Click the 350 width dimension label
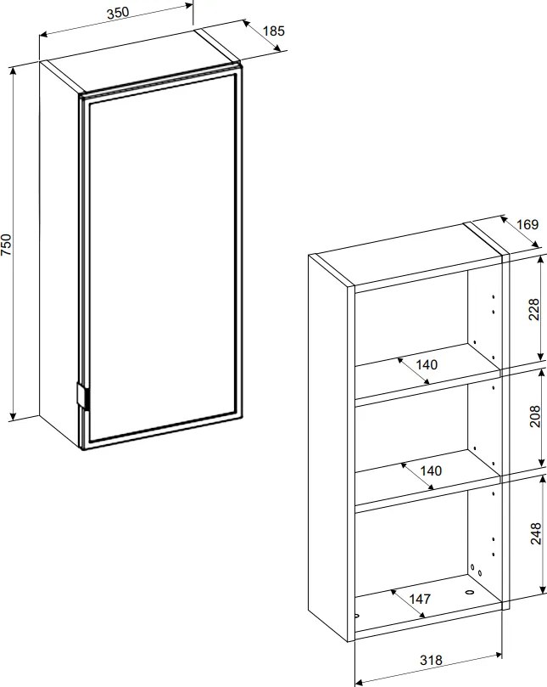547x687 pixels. pos(118,13)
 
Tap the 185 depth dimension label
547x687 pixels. pos(273,31)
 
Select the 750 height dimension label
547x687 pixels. pos(6,245)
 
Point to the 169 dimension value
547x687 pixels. pos(527,224)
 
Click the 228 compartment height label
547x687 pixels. pos(534,310)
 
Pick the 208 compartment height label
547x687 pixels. pos(535,417)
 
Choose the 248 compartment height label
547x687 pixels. pos(536,533)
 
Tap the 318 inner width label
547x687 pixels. pos(431,660)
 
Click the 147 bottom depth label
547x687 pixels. pos(420,599)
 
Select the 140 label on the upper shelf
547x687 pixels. pos(427,364)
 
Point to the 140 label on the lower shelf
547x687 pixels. pos(431,471)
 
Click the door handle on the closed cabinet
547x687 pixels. pos(82,396)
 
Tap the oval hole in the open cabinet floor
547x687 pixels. pos(470,593)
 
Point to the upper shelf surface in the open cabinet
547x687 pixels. pos(427,364)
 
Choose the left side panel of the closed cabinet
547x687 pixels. pos(59,254)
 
